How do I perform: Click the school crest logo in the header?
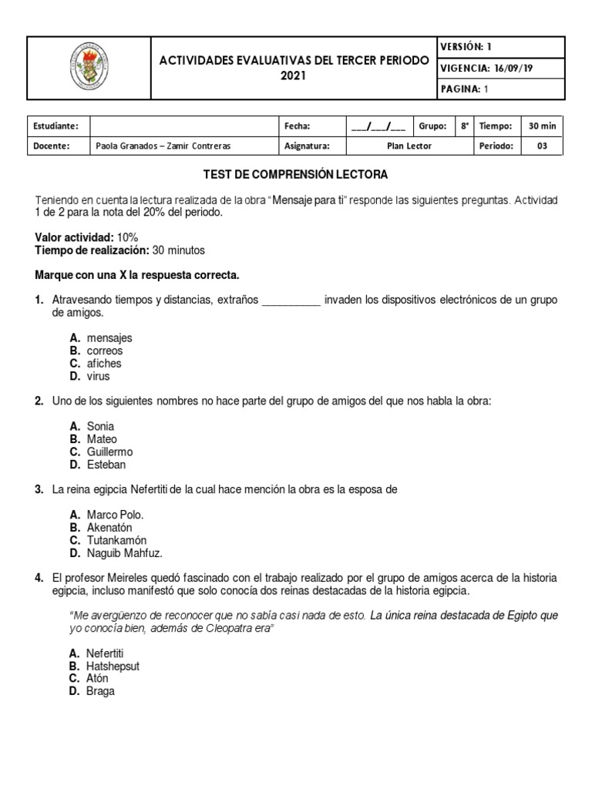click(x=88, y=67)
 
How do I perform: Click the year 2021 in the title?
click(x=293, y=76)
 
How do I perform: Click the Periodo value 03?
click(x=543, y=146)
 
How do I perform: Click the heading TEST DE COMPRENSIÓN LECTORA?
click(x=295, y=174)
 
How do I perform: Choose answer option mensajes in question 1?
click(x=109, y=337)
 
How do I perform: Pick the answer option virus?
click(x=99, y=376)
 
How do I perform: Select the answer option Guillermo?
click(x=109, y=452)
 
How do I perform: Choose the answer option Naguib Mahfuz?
click(x=125, y=552)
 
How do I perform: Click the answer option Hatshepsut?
click(x=113, y=666)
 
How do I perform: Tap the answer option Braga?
click(x=101, y=691)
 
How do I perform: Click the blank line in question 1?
click(x=291, y=300)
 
